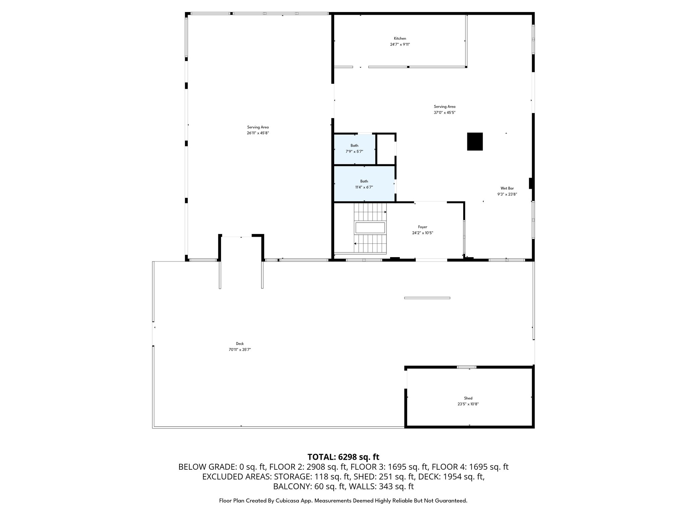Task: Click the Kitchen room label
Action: [400, 39]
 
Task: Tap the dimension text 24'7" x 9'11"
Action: [400, 44]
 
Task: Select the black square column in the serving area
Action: [475, 141]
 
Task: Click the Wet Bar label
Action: [507, 188]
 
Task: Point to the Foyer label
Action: [422, 227]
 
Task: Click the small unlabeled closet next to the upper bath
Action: [386, 149]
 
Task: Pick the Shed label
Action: [468, 398]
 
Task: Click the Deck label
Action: [240, 344]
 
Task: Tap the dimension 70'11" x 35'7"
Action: [240, 350]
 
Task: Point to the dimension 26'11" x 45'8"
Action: [258, 133]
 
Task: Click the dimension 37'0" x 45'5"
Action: [444, 113]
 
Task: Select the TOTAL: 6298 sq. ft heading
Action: [343, 457]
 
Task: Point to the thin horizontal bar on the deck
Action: [427, 298]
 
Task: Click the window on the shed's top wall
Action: [466, 367]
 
